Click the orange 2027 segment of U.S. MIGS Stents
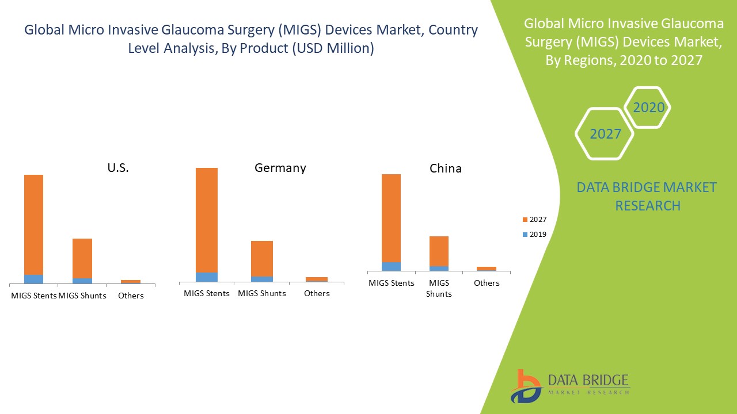tap(33, 224)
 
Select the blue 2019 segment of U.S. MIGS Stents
tap(33, 279)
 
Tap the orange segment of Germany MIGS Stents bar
tap(207, 220)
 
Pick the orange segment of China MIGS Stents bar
tap(391, 218)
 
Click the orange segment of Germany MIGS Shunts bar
tap(262, 258)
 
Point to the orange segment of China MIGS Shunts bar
tap(439, 251)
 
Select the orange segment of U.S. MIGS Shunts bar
tap(82, 258)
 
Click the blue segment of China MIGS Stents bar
tap(391, 266)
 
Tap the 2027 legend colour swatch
tap(525, 220)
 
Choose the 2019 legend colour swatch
tap(525, 235)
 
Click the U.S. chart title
tap(118, 168)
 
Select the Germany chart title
tap(280, 168)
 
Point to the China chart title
tap(446, 168)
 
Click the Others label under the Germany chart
tap(317, 293)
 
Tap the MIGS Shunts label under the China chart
tap(439, 288)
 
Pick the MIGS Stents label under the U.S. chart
tap(34, 296)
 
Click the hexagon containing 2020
tap(648, 108)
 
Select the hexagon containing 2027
tap(605, 134)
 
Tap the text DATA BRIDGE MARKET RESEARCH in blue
tap(647, 196)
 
